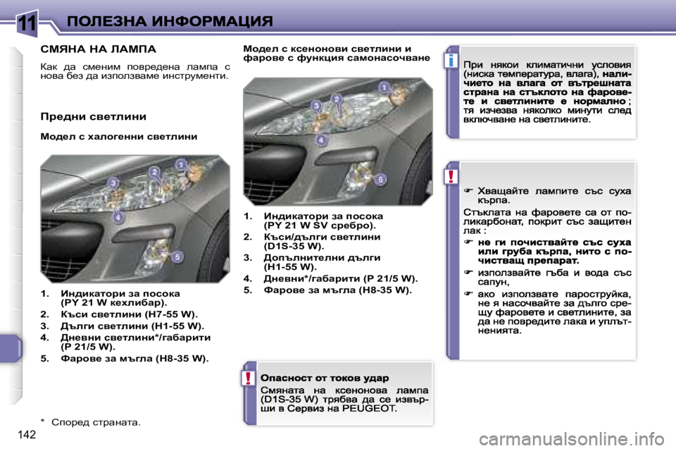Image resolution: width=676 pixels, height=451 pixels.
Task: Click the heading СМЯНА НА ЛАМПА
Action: click(99, 50)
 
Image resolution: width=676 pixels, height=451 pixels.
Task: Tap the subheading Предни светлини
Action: click(93, 116)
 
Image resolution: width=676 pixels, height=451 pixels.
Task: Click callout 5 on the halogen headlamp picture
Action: click(177, 257)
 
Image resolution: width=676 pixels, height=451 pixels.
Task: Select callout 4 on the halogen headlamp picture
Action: click(119, 216)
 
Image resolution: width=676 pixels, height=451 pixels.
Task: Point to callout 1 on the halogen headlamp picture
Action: click(181, 166)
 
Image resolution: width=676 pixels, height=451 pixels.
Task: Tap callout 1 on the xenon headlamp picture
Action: click(384, 87)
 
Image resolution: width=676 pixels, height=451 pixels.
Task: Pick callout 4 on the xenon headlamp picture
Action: click(321, 140)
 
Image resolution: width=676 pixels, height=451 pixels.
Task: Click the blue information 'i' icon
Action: click(449, 61)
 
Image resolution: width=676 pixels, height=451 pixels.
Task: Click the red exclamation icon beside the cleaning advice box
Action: click(449, 176)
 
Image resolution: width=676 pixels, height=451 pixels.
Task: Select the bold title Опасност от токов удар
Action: click(324, 378)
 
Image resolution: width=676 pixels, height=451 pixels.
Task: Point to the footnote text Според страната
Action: click(96, 422)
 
